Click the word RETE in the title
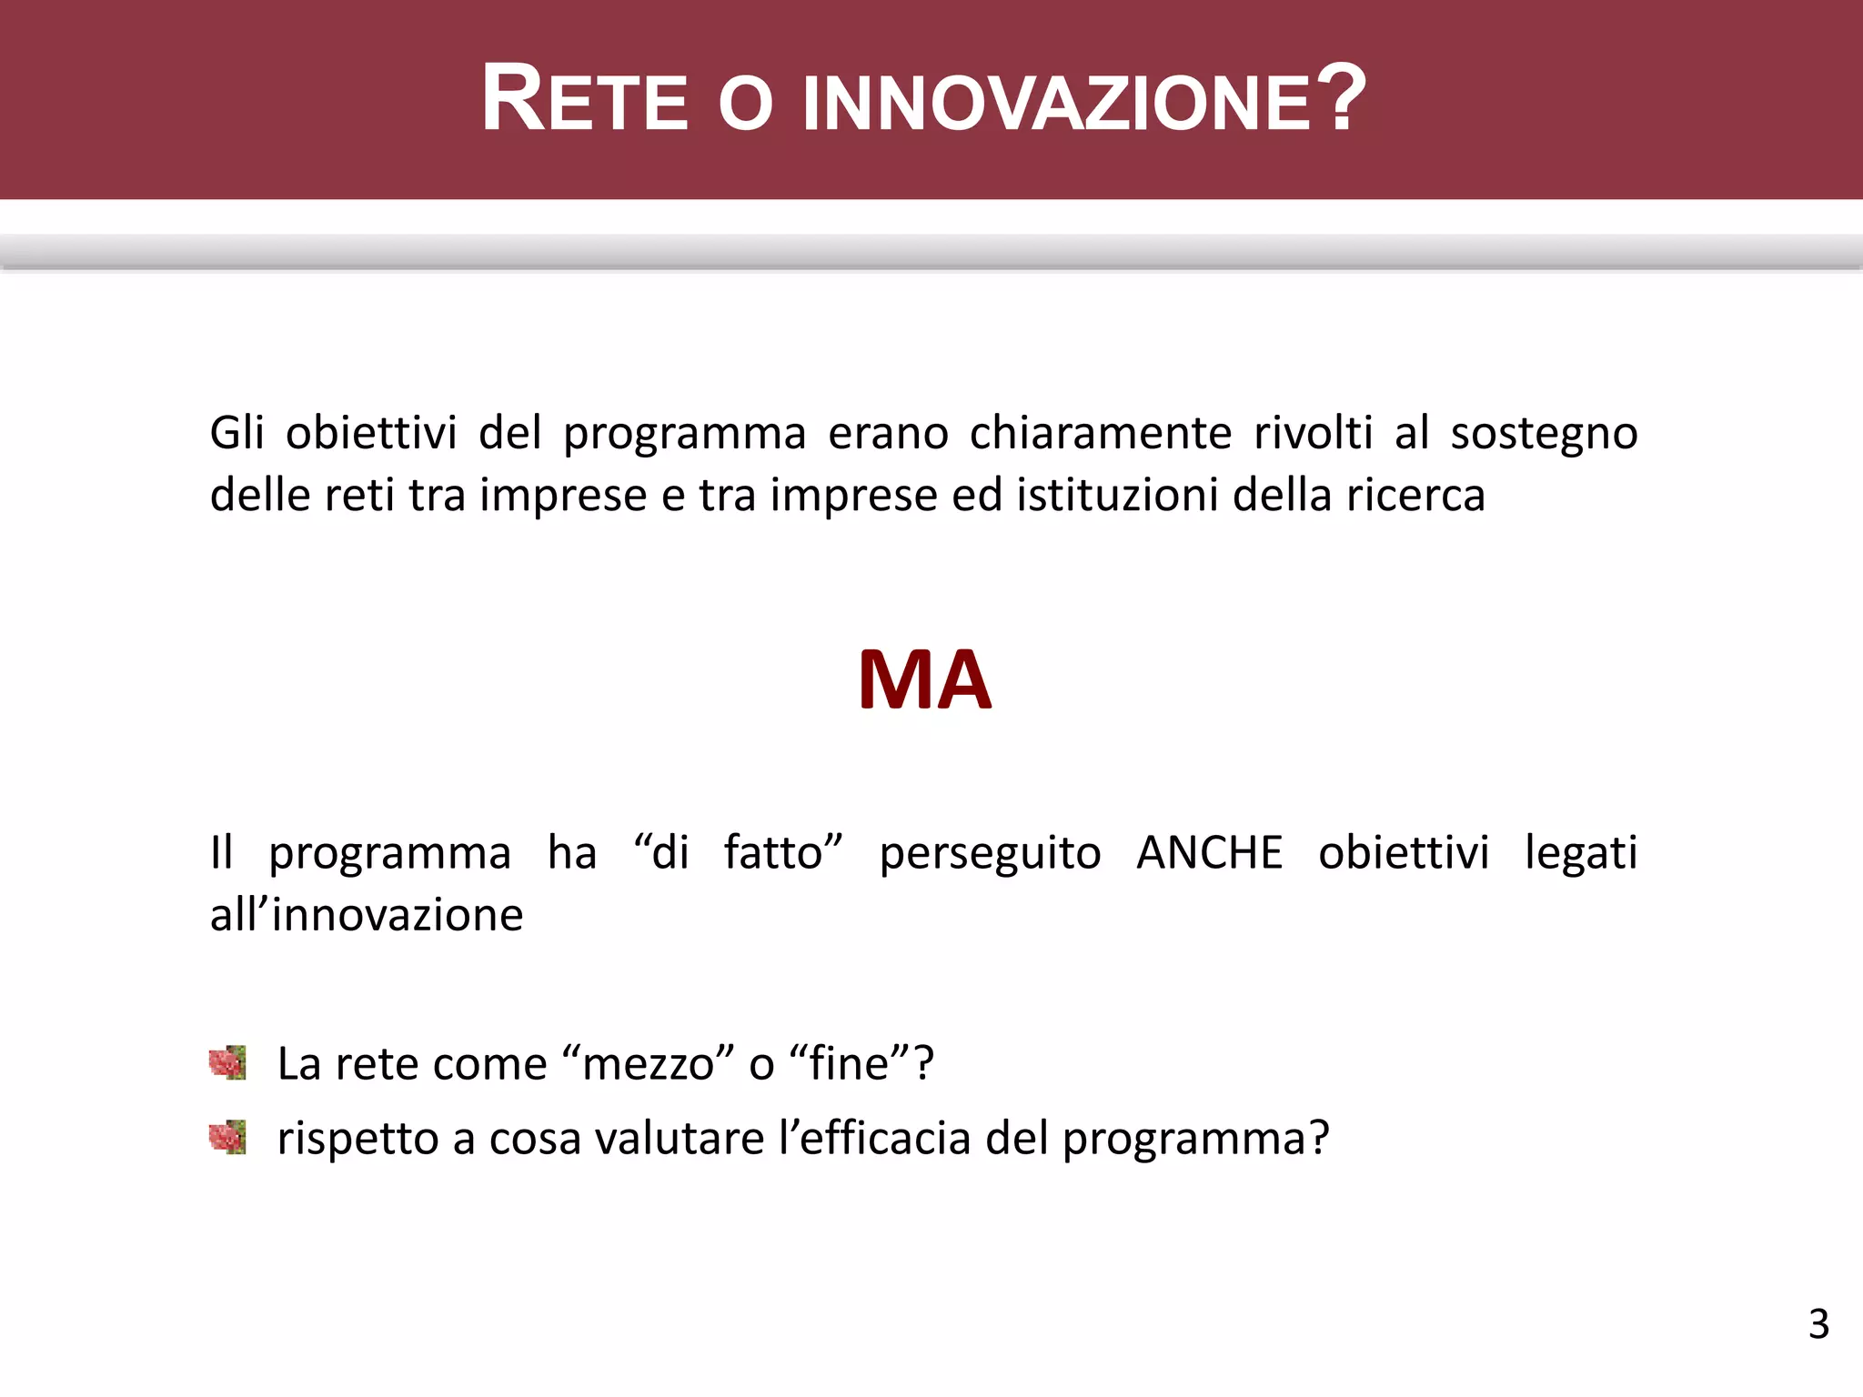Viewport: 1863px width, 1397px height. tap(584, 100)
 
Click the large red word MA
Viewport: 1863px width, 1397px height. tap(924, 680)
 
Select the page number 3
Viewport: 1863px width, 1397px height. tap(1818, 1324)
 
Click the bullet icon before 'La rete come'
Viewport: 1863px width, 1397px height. tap(227, 1062)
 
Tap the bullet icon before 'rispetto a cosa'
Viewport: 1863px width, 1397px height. tap(227, 1137)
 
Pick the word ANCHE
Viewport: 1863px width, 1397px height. tap(1209, 853)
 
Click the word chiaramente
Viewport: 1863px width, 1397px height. tap(1100, 433)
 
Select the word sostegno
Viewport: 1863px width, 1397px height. tap(1544, 435)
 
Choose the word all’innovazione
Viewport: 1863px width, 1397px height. tap(367, 915)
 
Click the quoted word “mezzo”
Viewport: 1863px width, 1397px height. tap(649, 1063)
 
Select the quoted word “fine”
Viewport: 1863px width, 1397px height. tap(851, 1063)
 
